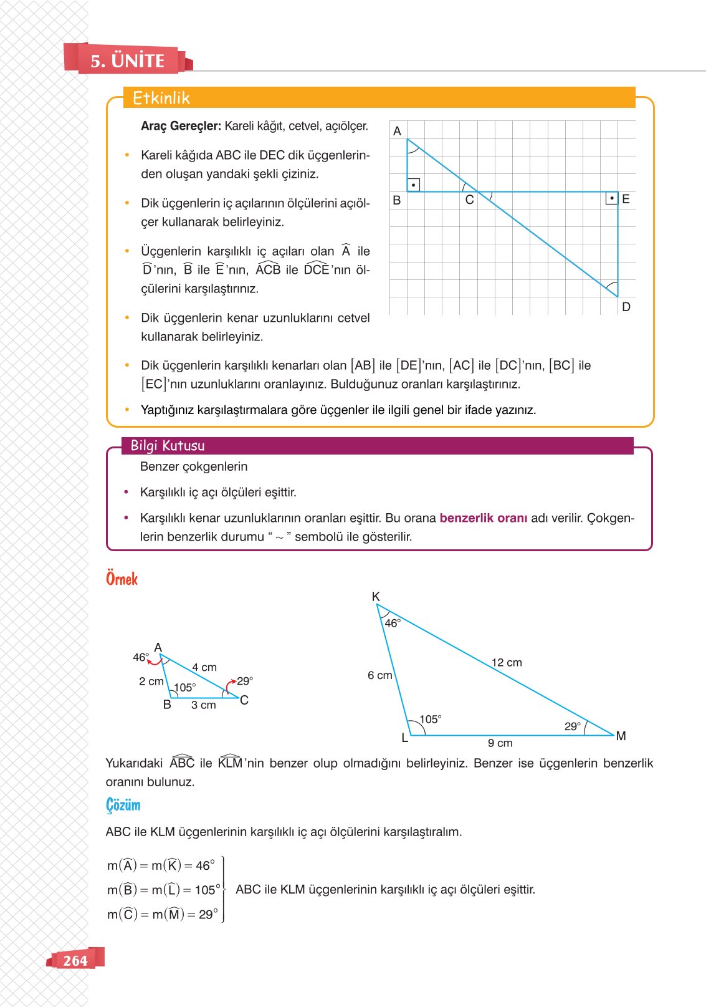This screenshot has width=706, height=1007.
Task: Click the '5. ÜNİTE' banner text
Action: point(128,60)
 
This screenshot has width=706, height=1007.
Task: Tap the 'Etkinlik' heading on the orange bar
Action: point(161,98)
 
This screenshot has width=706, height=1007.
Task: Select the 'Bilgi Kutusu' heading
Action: point(167,445)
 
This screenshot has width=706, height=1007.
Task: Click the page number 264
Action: point(75,960)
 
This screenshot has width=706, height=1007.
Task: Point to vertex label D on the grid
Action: point(626,307)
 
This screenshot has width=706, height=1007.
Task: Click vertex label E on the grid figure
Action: point(626,199)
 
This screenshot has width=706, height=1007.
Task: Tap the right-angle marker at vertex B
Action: point(413,185)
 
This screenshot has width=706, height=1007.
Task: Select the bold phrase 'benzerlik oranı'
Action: point(483,518)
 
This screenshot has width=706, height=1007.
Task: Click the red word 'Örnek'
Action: point(122,579)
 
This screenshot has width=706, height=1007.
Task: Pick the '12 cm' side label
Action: point(506,662)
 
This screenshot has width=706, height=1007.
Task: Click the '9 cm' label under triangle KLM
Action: point(500,743)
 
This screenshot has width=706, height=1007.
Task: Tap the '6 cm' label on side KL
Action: point(379,675)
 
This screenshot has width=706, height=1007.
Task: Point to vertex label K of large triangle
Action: point(376,597)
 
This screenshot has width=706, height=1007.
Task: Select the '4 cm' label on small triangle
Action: point(204,667)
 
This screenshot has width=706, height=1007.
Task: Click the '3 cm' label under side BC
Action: point(203,705)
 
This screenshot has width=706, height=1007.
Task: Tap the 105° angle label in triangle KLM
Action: point(430,719)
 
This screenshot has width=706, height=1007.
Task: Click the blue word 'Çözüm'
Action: point(123,805)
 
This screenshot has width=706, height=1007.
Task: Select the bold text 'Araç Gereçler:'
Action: point(181,126)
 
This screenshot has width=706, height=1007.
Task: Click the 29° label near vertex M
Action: point(572,726)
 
